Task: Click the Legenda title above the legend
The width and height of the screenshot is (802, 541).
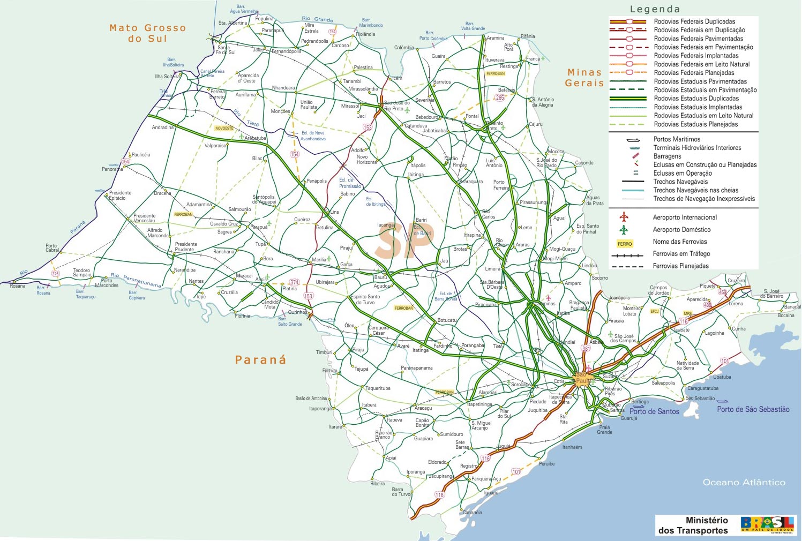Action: point(655,9)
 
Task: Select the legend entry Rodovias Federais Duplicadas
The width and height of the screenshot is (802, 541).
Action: point(694,21)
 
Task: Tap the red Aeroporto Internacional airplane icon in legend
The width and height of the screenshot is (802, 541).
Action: point(623,217)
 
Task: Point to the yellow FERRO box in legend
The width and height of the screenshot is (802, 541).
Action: point(625,244)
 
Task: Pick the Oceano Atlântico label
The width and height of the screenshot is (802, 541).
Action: point(744,483)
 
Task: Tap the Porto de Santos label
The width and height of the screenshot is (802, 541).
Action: point(654,411)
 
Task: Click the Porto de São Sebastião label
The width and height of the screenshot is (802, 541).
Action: point(753,409)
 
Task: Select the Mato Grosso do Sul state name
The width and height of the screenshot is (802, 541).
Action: point(147,33)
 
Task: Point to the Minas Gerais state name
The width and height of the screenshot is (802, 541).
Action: point(584,78)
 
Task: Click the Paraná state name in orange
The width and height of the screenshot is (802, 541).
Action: point(260,360)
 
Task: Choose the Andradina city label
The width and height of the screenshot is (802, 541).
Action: point(162,127)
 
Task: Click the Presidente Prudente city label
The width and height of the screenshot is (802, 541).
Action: point(185,247)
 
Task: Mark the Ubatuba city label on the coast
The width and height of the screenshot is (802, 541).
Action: point(722,377)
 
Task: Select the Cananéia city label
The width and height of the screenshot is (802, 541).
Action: point(472,513)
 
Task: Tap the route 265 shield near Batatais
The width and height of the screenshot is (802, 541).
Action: point(500,97)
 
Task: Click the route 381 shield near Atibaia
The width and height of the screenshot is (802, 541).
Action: point(586,348)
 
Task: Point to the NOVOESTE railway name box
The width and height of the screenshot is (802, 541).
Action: point(224,128)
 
